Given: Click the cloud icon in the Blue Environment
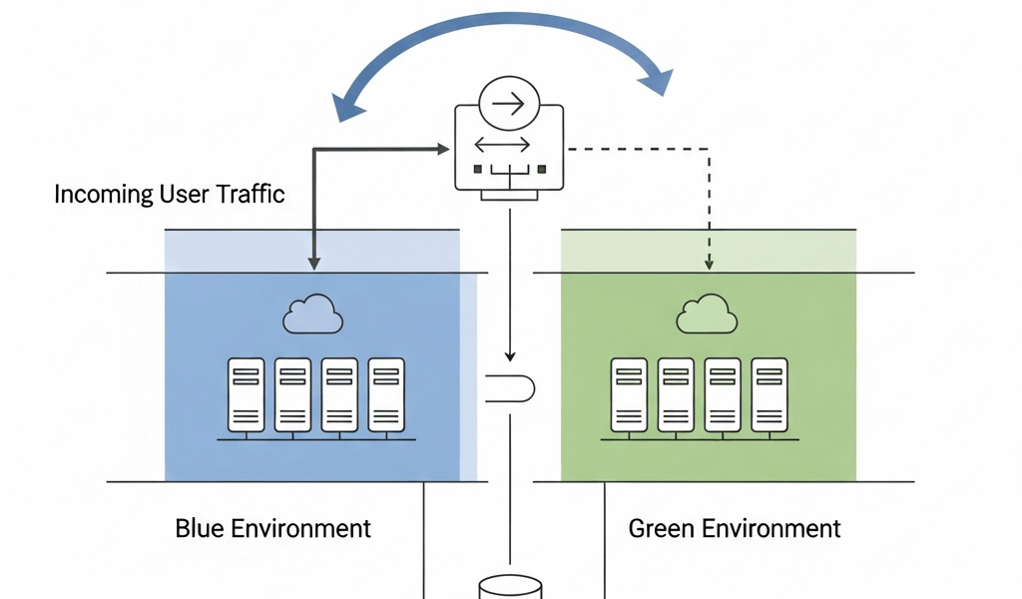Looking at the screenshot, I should click(312, 314).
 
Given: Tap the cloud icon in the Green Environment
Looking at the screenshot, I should click(707, 314).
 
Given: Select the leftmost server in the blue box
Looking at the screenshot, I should click(246, 393).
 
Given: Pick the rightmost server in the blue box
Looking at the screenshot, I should click(386, 393).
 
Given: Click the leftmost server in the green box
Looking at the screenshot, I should click(628, 393).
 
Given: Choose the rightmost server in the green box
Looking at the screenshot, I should click(768, 393).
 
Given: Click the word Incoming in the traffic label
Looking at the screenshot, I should click(103, 194).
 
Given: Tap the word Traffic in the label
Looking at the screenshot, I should click(251, 194).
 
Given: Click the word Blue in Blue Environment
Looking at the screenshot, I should click(200, 528).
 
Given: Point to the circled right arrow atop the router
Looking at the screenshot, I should click(509, 102).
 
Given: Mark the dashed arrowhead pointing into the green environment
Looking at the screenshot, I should click(709, 264).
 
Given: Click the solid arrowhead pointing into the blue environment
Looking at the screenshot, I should click(314, 264).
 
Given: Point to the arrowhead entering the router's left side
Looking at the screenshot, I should click(445, 150).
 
